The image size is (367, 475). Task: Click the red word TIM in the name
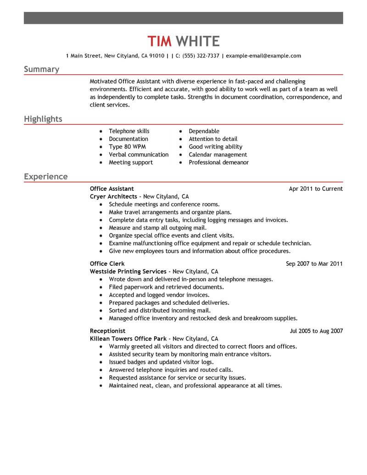click(160, 41)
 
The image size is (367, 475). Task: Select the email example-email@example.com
click(264, 56)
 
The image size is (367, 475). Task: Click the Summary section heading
click(41, 69)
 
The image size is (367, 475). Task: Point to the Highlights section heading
click(43, 119)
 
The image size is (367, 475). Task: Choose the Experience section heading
click(45, 177)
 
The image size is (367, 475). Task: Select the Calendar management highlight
click(217, 155)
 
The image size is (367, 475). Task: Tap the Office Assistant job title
click(112, 189)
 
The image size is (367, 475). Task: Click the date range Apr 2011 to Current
click(316, 189)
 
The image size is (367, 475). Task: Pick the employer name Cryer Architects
click(113, 196)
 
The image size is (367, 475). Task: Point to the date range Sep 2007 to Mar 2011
click(314, 264)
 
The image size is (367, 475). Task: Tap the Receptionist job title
click(107, 331)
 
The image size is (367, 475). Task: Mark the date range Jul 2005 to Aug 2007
click(316, 331)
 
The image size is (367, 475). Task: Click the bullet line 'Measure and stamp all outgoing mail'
click(157, 228)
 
